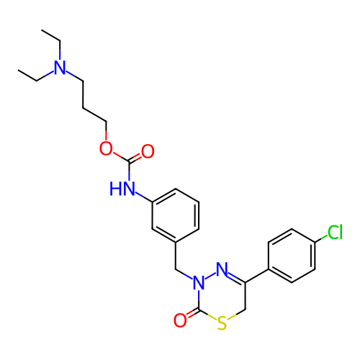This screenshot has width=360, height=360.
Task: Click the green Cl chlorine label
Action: pyautogui.click(x=335, y=232)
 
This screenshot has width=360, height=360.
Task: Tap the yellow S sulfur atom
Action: pyautogui.click(x=222, y=323)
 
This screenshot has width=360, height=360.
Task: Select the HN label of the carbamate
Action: pyautogui.click(x=122, y=189)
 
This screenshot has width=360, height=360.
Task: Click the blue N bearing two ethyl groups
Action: pyautogui.click(x=60, y=68)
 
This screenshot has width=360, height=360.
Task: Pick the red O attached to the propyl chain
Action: pyautogui.click(x=106, y=148)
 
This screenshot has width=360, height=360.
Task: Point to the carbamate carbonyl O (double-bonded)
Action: pyautogui.click(x=148, y=151)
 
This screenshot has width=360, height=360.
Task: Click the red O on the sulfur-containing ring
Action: pyautogui.click(x=180, y=320)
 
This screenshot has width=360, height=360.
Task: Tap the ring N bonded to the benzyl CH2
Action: pyautogui.click(x=199, y=282)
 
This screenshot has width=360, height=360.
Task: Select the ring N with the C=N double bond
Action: pyautogui.click(x=222, y=269)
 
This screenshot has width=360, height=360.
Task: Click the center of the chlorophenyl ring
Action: pyautogui.click(x=292, y=256)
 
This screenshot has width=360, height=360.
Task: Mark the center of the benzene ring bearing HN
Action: pyautogui.click(x=176, y=215)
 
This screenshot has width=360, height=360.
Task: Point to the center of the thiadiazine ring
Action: pyautogui.click(x=222, y=296)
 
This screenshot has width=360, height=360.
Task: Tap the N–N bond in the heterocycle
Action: pyautogui.click(x=210, y=276)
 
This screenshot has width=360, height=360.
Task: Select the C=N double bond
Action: pyautogui.click(x=236, y=277)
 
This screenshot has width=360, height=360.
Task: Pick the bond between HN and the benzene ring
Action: pyautogui.click(x=144, y=197)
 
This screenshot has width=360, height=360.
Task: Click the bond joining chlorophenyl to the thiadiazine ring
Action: pyautogui.click(x=257, y=276)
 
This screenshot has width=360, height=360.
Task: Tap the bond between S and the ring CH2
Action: pyautogui.click(x=236, y=315)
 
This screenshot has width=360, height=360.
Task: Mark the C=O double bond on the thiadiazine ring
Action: pyautogui.click(x=192, y=313)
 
